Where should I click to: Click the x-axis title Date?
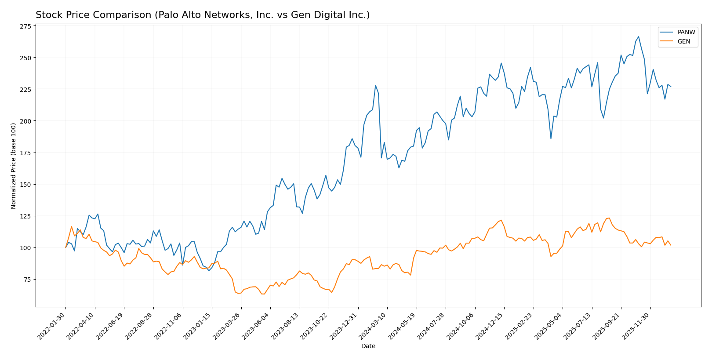[x=368, y=346]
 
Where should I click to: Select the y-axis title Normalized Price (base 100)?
[x=14, y=166]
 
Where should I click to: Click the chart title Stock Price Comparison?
[x=203, y=15]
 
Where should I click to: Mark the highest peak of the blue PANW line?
[x=639, y=37]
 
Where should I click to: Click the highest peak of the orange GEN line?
[x=609, y=218]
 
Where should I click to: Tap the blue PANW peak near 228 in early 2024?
[x=375, y=85]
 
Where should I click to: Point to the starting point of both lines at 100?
[x=66, y=247]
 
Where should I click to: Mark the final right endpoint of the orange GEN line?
[x=671, y=245]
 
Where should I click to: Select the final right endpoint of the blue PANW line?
[x=671, y=87]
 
